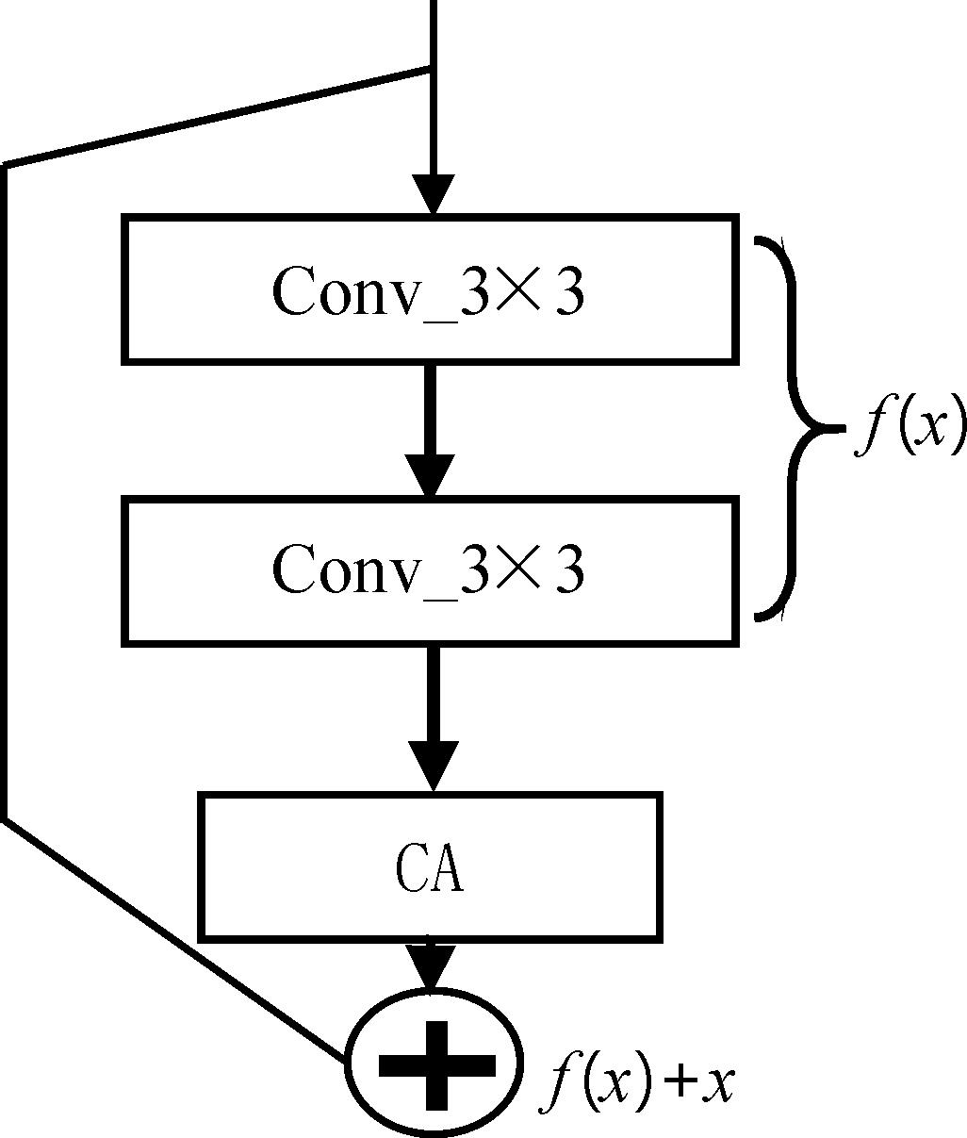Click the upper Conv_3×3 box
click(430, 289)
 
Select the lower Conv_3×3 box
click(430, 571)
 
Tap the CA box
click(430, 866)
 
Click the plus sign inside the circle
click(435, 1064)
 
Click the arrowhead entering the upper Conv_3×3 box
click(433, 194)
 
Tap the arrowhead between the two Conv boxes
click(431, 475)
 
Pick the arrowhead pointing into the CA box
click(433, 765)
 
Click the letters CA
click(429, 869)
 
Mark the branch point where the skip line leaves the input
click(432, 69)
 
